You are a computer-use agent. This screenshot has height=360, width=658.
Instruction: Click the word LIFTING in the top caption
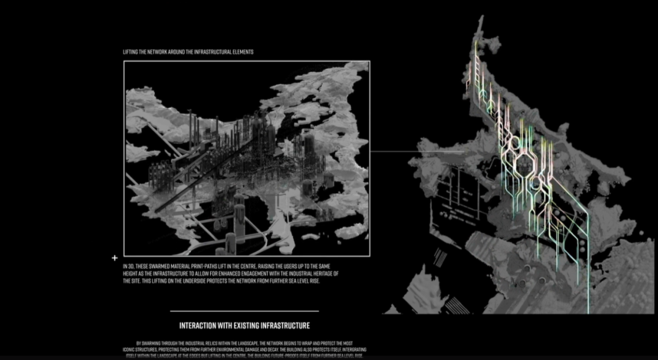pyautogui.click(x=130, y=52)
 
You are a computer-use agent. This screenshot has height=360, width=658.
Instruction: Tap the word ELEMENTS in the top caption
pyautogui.click(x=242, y=52)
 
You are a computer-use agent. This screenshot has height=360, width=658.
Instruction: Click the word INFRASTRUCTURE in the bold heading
pyautogui.click(x=287, y=325)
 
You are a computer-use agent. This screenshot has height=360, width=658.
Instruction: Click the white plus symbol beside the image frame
pyautogui.click(x=115, y=258)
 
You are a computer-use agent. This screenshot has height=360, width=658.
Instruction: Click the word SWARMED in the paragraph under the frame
pyautogui.click(x=155, y=267)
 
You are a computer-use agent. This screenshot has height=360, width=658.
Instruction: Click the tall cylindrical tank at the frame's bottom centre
pyautogui.click(x=239, y=213)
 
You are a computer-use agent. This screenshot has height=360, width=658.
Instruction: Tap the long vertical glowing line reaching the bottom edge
pyautogui.click(x=588, y=274)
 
